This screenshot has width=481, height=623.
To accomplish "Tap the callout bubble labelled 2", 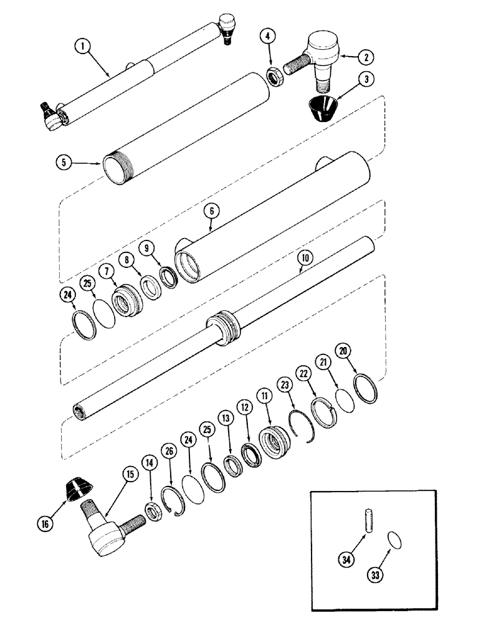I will click(367, 57).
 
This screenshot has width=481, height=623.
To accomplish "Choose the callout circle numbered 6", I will click(212, 211).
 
